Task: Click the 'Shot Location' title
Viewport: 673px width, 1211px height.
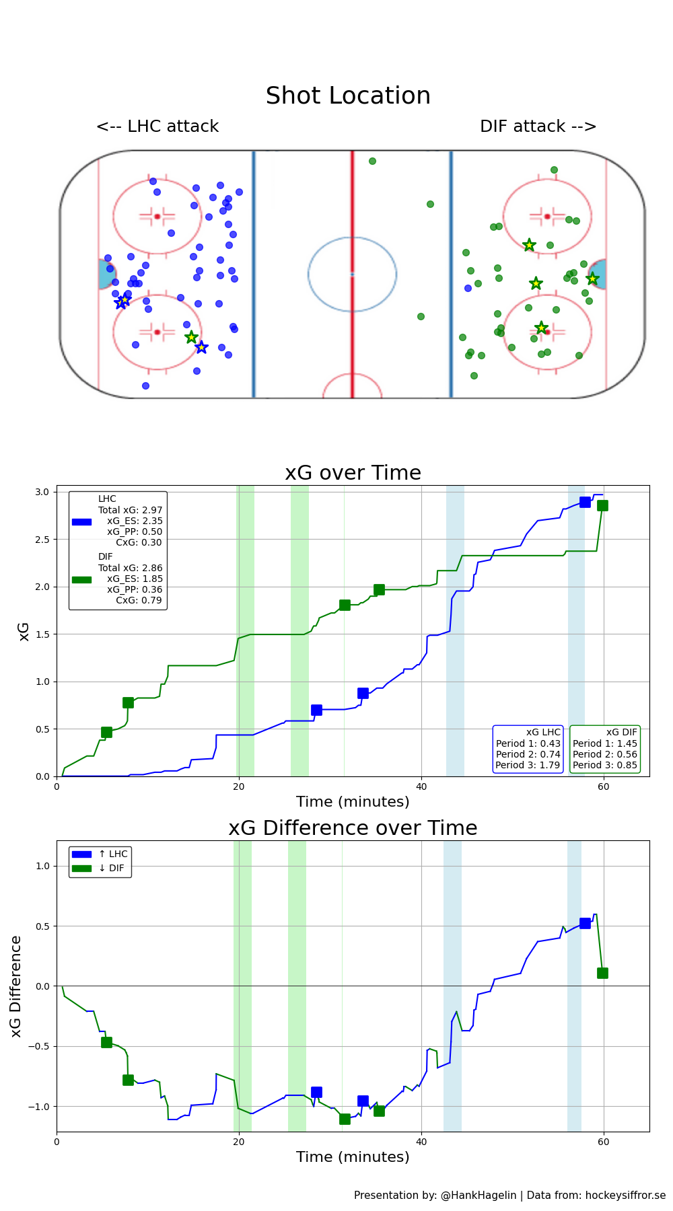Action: tap(348, 96)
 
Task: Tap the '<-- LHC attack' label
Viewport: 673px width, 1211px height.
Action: tap(157, 126)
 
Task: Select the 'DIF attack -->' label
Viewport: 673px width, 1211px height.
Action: tap(538, 126)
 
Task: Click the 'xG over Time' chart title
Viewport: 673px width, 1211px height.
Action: tap(353, 473)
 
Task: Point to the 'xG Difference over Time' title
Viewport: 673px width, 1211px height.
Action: tap(353, 828)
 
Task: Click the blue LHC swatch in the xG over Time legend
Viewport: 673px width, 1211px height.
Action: tap(81, 522)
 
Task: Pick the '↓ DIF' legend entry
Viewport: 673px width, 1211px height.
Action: tap(111, 868)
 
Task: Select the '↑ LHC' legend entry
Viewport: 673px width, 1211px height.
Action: tap(112, 854)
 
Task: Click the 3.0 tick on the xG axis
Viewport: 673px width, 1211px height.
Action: tap(42, 492)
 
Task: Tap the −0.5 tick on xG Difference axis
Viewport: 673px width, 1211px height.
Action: tap(39, 1046)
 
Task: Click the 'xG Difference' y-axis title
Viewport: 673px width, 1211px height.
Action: tap(16, 986)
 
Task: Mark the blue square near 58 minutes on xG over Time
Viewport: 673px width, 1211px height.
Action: tap(585, 502)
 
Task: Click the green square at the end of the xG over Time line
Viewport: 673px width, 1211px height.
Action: tap(602, 505)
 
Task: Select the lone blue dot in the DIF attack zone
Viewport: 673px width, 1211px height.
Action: tap(468, 288)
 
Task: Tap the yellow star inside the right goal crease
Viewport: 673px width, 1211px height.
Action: tap(592, 279)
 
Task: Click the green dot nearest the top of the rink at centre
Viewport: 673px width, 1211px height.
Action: tap(372, 161)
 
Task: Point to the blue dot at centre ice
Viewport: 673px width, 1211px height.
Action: tap(352, 274)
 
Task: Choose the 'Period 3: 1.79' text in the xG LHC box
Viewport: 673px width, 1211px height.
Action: tap(528, 765)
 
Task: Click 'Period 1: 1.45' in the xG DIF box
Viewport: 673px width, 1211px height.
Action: tap(604, 743)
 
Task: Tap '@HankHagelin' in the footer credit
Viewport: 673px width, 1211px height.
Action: tap(479, 1195)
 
